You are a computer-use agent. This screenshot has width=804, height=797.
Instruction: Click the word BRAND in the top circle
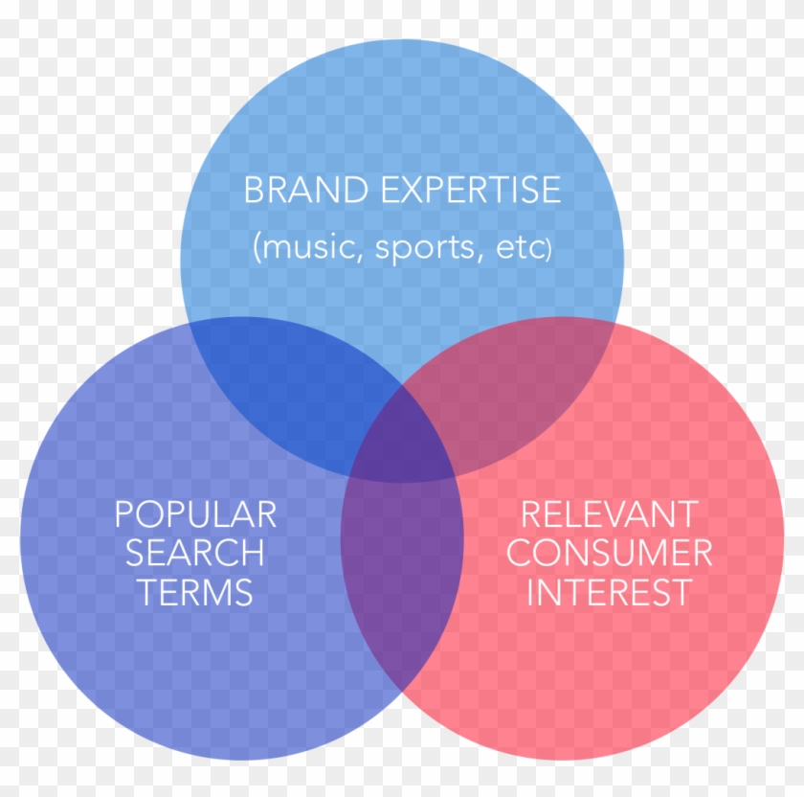[306, 190]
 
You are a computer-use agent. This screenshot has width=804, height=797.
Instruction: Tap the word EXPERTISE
[471, 190]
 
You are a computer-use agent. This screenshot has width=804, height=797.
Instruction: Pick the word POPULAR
[195, 514]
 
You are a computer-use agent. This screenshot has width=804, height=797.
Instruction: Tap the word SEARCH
[195, 553]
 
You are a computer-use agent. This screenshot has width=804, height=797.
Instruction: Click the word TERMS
[194, 591]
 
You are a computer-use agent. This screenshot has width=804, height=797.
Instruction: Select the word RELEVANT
[609, 514]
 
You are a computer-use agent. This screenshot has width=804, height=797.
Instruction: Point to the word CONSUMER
[609, 553]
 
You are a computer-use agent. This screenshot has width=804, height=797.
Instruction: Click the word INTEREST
[609, 591]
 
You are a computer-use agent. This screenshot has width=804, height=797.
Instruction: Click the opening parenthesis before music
[256, 249]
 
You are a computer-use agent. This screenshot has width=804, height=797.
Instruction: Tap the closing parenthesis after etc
[549, 250]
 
